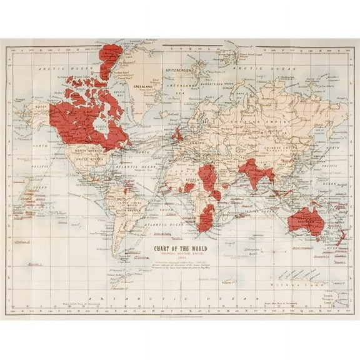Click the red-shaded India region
254,172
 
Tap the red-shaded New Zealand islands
341,237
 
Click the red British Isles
178,134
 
